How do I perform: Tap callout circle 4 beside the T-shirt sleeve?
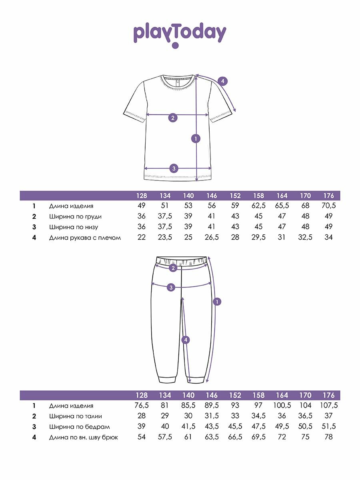click(x=223, y=81)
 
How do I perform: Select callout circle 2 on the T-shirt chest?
click(x=173, y=118)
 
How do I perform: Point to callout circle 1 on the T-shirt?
click(x=196, y=139)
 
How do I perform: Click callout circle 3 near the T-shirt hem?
click(x=174, y=168)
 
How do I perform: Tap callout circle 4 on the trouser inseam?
click(x=185, y=340)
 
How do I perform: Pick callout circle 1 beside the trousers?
click(x=217, y=302)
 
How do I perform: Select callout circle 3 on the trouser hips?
click(x=171, y=287)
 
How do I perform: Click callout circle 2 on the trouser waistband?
click(x=173, y=268)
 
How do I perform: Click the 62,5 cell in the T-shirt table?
click(x=258, y=206)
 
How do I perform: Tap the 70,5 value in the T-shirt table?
click(x=328, y=206)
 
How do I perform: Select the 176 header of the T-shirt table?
click(x=328, y=196)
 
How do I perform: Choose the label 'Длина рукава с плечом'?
click(x=85, y=238)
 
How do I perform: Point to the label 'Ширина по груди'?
click(x=75, y=216)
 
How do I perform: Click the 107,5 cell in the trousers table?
click(x=328, y=406)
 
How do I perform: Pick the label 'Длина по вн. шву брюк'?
click(x=84, y=437)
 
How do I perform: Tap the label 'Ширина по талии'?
click(x=75, y=416)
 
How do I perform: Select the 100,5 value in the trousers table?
click(x=282, y=406)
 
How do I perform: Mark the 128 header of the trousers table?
click(x=142, y=395)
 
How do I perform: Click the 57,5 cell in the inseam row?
click(x=165, y=437)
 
